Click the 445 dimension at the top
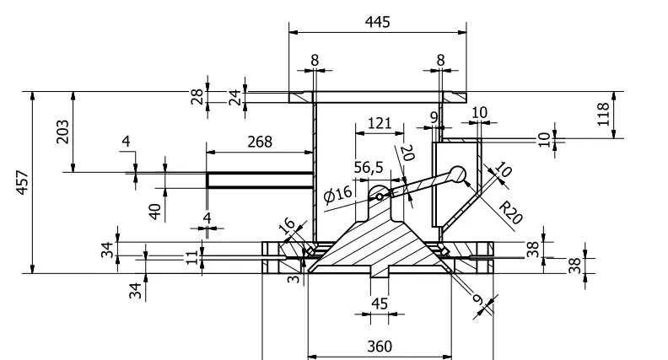click(x=377, y=22)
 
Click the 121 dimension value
click(x=379, y=123)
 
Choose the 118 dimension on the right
click(x=604, y=115)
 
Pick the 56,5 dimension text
click(x=368, y=167)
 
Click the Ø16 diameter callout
click(x=337, y=195)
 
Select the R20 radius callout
click(x=510, y=212)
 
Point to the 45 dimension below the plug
click(x=379, y=304)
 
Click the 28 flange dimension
click(x=197, y=97)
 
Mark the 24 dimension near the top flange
click(x=235, y=97)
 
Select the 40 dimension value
click(x=154, y=210)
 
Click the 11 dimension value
click(x=191, y=255)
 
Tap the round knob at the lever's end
click(x=458, y=174)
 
